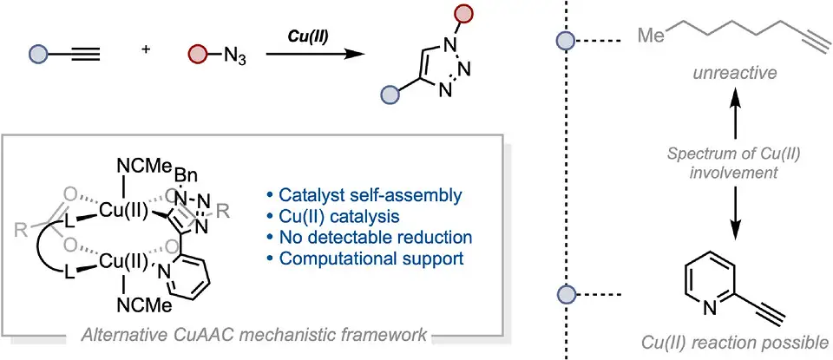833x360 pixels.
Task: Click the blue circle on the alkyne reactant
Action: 39,54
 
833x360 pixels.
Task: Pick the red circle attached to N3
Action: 196,54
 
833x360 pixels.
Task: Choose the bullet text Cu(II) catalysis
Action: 337,217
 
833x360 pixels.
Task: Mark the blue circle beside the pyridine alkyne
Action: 566,293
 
